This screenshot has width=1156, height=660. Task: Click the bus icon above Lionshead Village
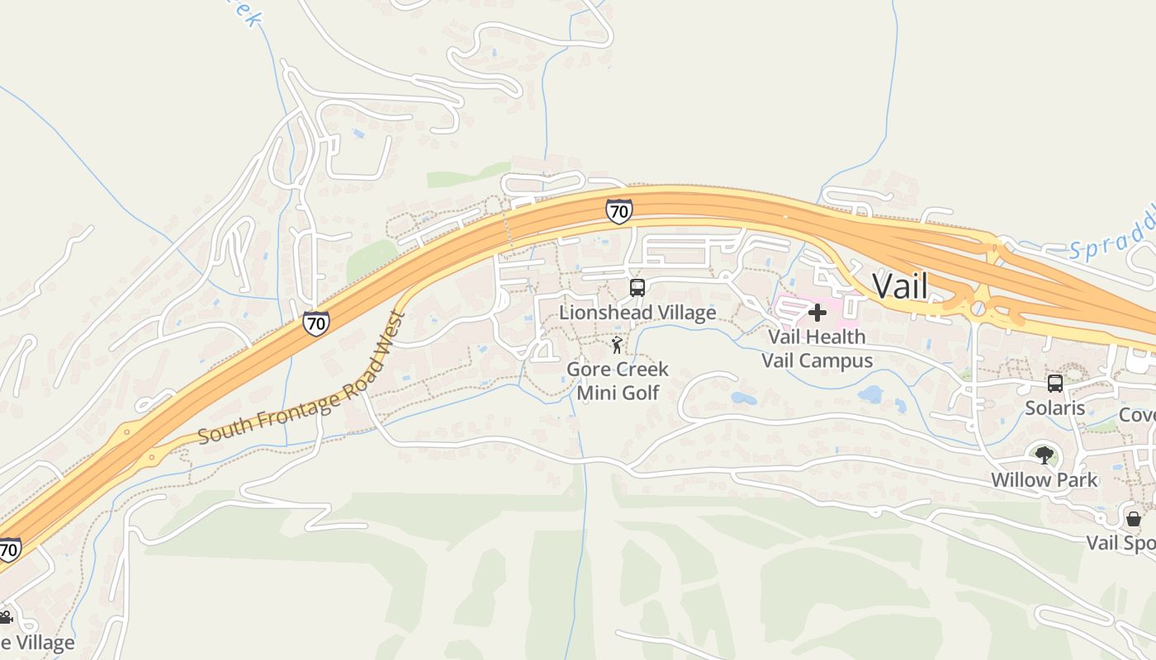pyautogui.click(x=637, y=288)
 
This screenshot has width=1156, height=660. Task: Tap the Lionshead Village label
pyautogui.click(x=637, y=313)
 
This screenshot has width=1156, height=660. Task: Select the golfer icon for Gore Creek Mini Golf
pyautogui.click(x=617, y=345)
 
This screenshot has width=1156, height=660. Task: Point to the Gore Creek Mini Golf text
pyautogui.click(x=618, y=380)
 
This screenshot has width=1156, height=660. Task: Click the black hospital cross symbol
pyautogui.click(x=817, y=313)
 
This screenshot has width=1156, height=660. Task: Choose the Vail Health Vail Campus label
pyautogui.click(x=817, y=349)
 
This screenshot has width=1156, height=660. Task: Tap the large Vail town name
pyautogui.click(x=900, y=286)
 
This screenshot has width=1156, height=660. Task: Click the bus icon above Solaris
pyautogui.click(x=1054, y=384)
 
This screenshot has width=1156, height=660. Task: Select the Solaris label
pyautogui.click(x=1054, y=408)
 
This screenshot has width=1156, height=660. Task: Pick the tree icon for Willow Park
pyautogui.click(x=1044, y=455)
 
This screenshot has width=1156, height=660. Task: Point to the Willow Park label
pyautogui.click(x=1044, y=480)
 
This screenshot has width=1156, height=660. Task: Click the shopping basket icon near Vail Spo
pyautogui.click(x=1134, y=518)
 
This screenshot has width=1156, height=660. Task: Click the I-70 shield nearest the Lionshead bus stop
pyautogui.click(x=618, y=211)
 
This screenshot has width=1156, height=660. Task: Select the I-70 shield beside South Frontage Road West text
pyautogui.click(x=315, y=323)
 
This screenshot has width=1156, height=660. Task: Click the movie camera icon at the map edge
pyautogui.click(x=5, y=617)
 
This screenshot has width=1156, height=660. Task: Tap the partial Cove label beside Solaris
pyautogui.click(x=1137, y=415)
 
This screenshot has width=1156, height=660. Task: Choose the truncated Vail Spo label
pyautogui.click(x=1120, y=543)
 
